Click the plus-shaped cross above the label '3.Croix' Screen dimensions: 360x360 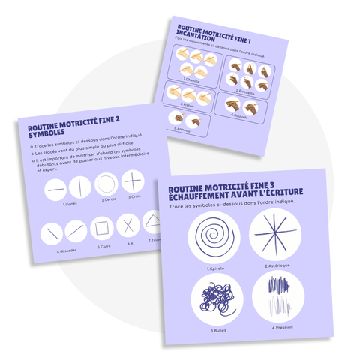point(132,181)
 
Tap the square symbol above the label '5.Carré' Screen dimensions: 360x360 point(102,227)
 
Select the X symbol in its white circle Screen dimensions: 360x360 point(128,225)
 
